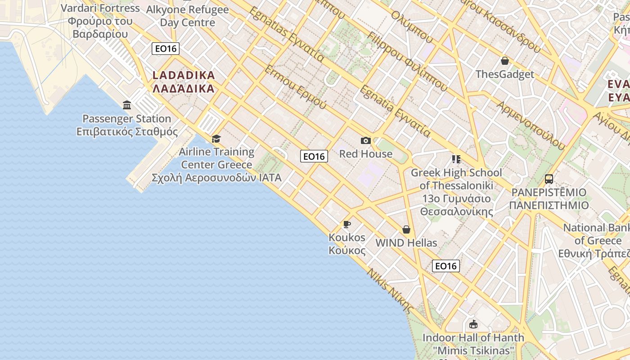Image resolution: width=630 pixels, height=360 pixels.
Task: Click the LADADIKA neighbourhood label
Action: coord(184,81)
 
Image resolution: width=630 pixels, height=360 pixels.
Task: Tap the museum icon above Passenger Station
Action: coord(127,105)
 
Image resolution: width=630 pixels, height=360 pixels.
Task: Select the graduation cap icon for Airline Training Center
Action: coord(216,139)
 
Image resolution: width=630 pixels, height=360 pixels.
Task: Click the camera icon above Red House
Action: coord(366,141)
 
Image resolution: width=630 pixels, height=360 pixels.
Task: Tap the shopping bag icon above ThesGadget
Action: coord(505,61)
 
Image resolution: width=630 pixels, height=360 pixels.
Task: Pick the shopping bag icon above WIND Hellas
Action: coord(406,229)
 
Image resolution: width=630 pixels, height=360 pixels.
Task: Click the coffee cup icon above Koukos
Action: coord(347,224)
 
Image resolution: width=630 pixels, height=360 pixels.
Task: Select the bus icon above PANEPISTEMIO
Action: coord(549,179)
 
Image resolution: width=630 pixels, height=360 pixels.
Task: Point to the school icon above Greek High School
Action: coord(456,159)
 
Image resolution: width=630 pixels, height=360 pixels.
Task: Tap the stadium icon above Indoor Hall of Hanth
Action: coord(473,324)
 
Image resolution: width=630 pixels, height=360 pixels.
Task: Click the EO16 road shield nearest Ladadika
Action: coord(166,49)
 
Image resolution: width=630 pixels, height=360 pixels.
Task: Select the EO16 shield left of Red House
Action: coord(314,156)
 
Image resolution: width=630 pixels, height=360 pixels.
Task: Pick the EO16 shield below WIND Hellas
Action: coord(446,266)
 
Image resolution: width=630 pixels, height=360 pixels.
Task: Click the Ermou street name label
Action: coord(295,88)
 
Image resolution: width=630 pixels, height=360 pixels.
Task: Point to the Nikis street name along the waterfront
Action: coord(390,291)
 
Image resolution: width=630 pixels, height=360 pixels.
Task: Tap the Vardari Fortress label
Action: coord(100,21)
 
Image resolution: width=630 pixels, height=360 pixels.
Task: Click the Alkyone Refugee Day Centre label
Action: coord(188,16)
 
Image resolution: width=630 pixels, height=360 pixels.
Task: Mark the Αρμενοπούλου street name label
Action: coord(531,126)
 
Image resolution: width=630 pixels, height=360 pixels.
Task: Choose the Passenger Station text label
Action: coord(127,125)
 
